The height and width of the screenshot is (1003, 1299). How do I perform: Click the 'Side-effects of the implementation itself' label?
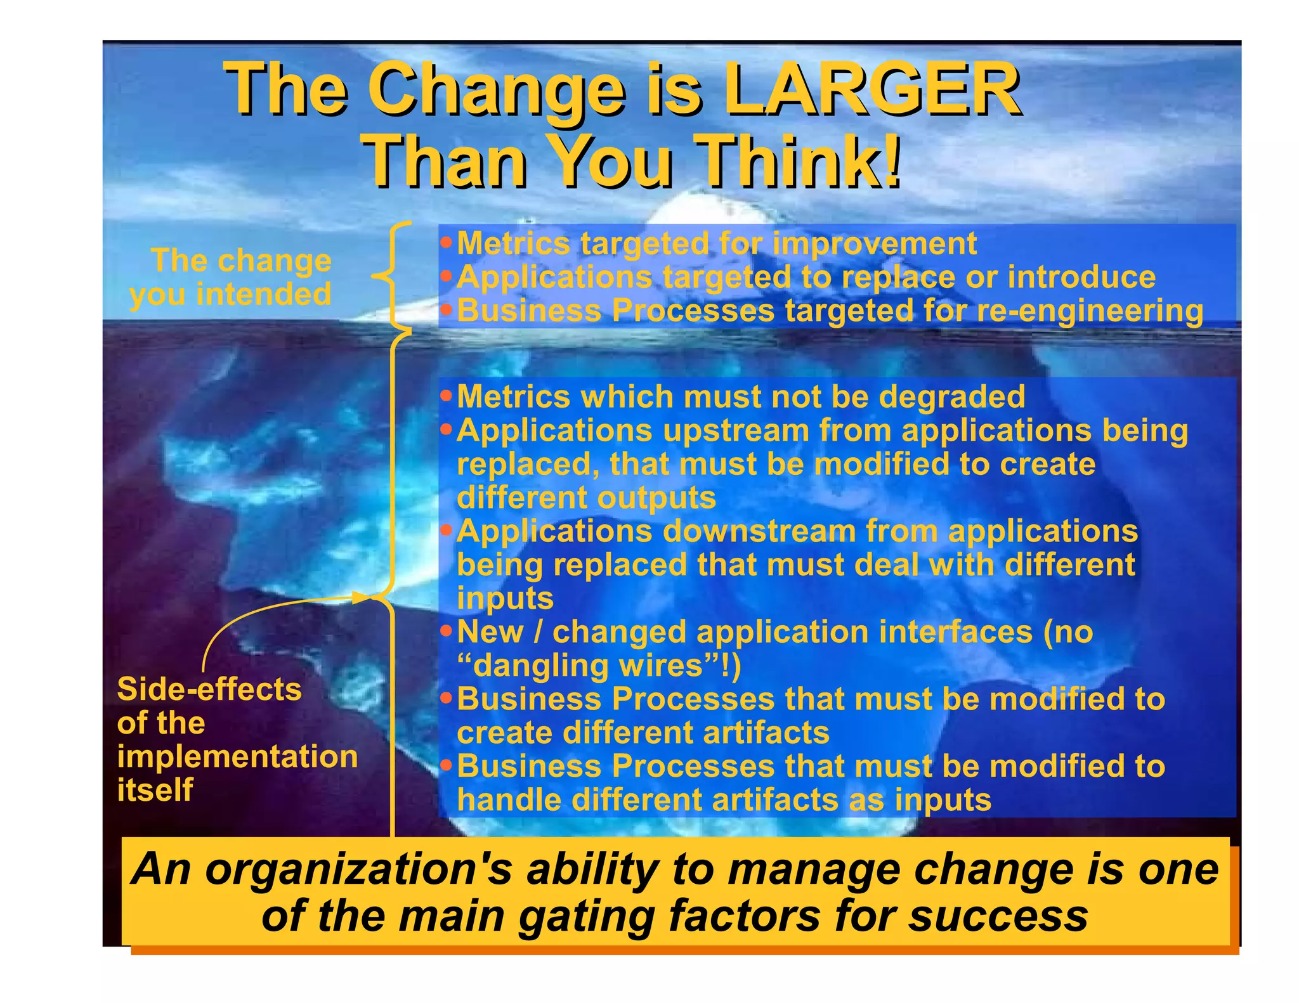tap(236, 739)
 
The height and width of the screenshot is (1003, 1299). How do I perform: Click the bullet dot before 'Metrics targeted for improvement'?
tap(447, 242)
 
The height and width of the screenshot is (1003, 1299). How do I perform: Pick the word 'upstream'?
tap(735, 431)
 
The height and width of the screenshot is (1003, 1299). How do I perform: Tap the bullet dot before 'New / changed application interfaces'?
tap(447, 631)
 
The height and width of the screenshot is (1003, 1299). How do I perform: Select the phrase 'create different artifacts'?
tap(643, 733)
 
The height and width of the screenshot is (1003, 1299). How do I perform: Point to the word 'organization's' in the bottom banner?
tap(358, 870)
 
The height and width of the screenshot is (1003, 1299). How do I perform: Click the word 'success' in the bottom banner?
tap(998, 916)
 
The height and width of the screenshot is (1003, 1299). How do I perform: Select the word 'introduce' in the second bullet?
tap(1081, 277)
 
